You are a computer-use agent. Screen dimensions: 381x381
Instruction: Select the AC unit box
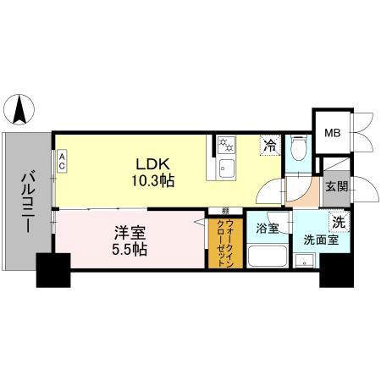62,162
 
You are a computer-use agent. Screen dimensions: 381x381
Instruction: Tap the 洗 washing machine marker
337,223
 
